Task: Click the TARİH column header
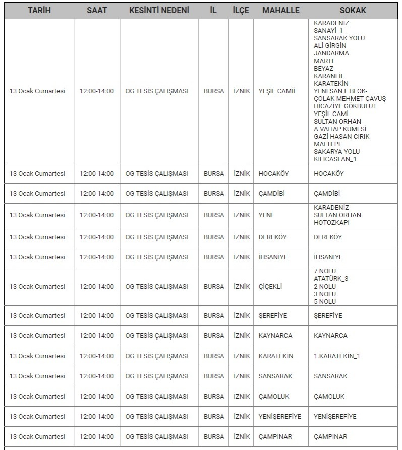pyautogui.click(x=39, y=10)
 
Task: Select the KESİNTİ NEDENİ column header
pyautogui.click(x=159, y=10)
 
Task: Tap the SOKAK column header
pyautogui.click(x=353, y=10)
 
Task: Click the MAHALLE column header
pyautogui.click(x=281, y=10)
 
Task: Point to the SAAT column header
pyautogui.click(x=97, y=10)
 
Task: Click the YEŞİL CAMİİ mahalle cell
pyautogui.click(x=276, y=91)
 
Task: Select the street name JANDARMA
pyautogui.click(x=331, y=53)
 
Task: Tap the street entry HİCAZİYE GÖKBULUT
pyautogui.click(x=345, y=106)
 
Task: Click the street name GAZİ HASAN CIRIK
pyautogui.click(x=341, y=137)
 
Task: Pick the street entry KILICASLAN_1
pyautogui.click(x=335, y=159)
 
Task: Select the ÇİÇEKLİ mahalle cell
pyautogui.click(x=270, y=287)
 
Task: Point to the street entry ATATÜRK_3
pyautogui.click(x=331, y=279)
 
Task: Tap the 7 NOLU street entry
pyautogui.click(x=325, y=271)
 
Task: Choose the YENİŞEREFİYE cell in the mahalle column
pyautogui.click(x=280, y=417)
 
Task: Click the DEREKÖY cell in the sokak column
pyautogui.click(x=328, y=237)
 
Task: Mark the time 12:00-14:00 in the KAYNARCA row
pyautogui.click(x=97, y=336)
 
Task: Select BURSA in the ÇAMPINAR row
pyautogui.click(x=214, y=437)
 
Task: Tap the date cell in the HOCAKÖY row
pyautogui.click(x=37, y=174)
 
